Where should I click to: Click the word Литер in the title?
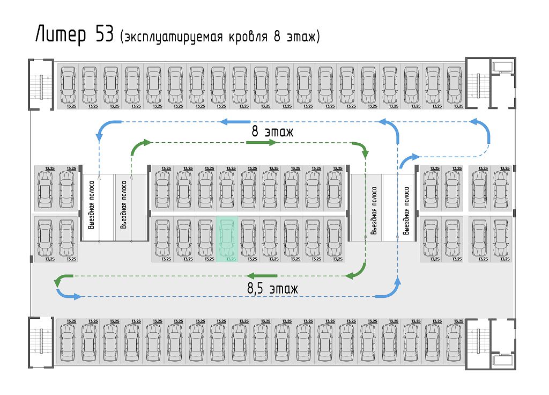pos(61,35)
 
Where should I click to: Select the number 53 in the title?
pos(105,34)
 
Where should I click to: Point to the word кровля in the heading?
pos(248,37)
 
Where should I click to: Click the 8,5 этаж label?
pos(272,289)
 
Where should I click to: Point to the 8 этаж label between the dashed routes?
pos(272,131)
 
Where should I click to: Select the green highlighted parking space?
pos(227,239)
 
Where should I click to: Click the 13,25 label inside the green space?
pos(231,259)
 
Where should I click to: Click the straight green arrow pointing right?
pos(262,142)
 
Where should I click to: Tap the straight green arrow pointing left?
pos(262,275)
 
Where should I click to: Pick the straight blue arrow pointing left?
pos(235,122)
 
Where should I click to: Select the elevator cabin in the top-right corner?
pos(502,67)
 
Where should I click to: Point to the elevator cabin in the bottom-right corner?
pos(502,360)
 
